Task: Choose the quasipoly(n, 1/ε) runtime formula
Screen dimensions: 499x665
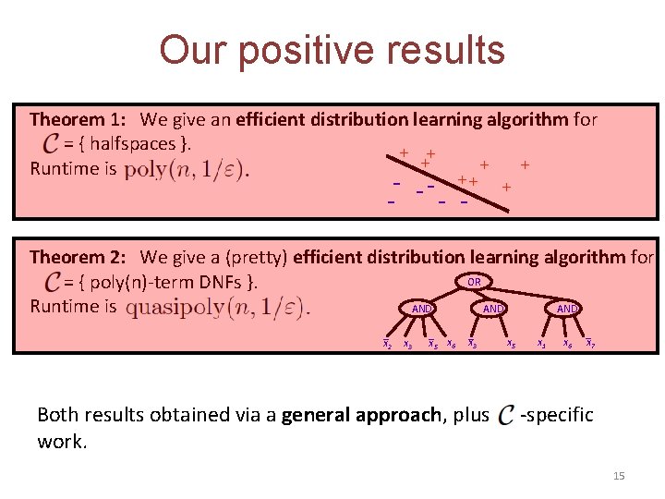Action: tap(217, 307)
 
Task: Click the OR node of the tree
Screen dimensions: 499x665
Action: tap(474, 282)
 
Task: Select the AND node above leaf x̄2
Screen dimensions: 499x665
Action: tap(422, 309)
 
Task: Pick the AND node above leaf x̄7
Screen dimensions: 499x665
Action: tap(566, 309)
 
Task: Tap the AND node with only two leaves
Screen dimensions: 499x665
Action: tap(493, 309)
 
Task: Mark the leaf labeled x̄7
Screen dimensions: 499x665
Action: tap(589, 345)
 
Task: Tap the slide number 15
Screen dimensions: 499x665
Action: tap(619, 476)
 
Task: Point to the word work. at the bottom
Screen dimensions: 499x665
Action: tap(62, 442)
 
